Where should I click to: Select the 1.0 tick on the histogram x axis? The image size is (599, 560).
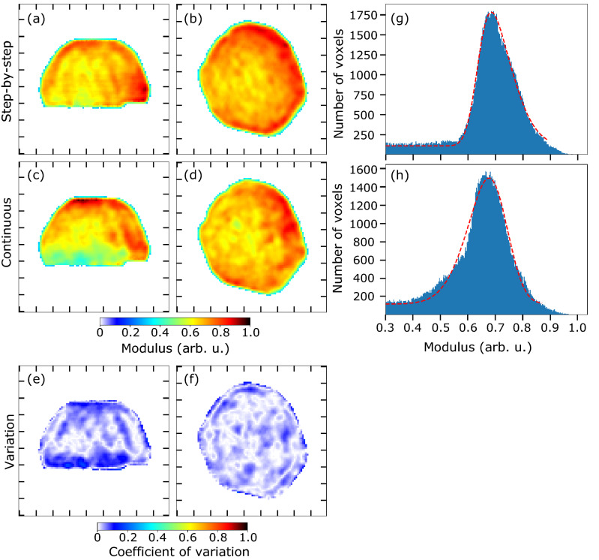pyautogui.click(x=577, y=328)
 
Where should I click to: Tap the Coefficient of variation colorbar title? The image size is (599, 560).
pyautogui.click(x=172, y=552)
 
